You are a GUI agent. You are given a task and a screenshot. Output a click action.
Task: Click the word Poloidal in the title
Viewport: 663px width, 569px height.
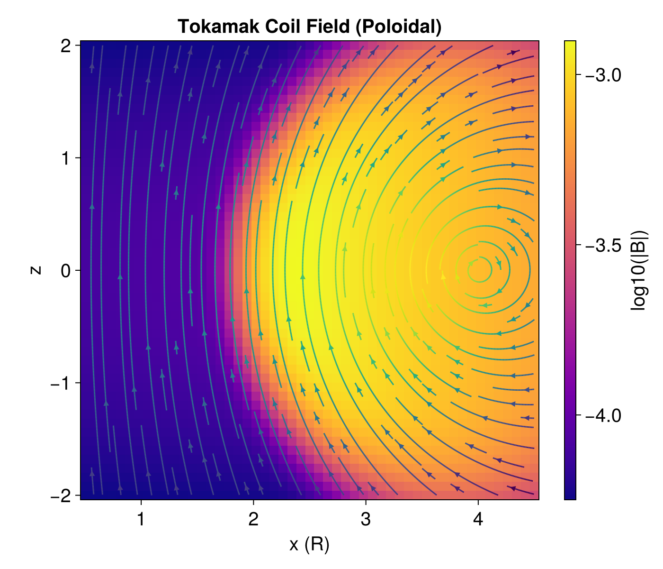(398, 27)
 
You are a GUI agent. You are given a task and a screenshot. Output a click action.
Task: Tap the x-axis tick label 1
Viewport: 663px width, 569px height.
(141, 520)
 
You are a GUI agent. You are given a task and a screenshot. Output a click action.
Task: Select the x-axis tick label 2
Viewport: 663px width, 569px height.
(253, 520)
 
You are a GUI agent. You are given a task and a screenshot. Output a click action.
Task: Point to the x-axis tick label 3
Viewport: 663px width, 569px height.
(366, 520)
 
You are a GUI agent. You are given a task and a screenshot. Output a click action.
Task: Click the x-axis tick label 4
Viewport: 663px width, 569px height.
(478, 520)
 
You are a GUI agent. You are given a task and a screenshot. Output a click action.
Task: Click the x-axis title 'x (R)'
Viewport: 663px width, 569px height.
(309, 545)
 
